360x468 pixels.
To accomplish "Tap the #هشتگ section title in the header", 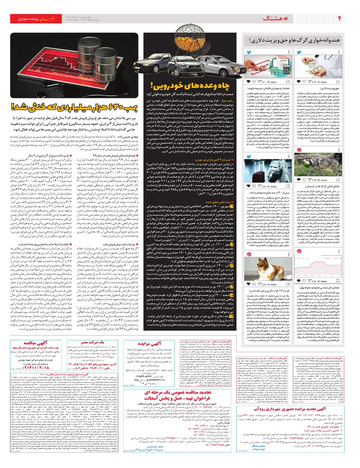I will pos(275,19).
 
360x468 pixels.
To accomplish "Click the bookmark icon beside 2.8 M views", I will pos(338,180).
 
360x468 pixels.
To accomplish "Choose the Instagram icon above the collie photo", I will pos(249,254).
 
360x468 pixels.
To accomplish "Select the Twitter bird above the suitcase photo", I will pos(249,156).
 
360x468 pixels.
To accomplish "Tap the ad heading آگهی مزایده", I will pos(149,344).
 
